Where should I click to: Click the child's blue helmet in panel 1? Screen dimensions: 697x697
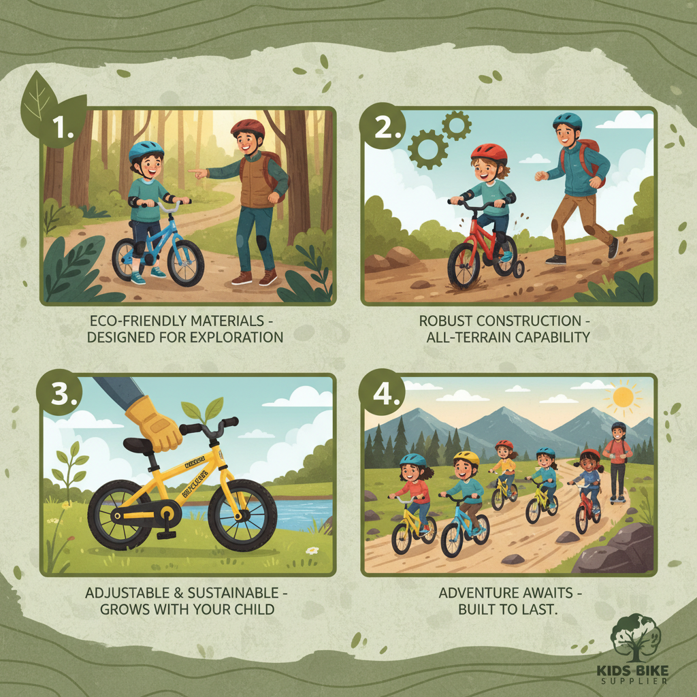click(x=146, y=152)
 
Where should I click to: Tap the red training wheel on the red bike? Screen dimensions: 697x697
click(x=518, y=270)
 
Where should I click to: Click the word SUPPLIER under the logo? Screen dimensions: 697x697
click(x=634, y=680)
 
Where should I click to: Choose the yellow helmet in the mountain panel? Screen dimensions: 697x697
click(x=467, y=458)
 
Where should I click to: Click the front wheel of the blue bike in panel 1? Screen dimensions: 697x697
click(x=185, y=263)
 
